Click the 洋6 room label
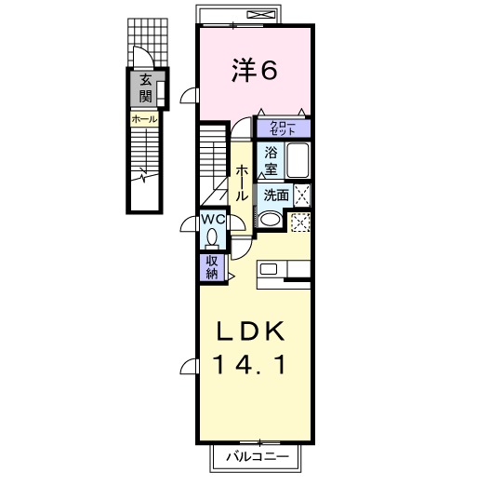pos(253,70)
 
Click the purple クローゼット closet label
pos(283,129)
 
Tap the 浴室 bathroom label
pos(271,160)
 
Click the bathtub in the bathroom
pos(298,161)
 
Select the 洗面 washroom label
pos(274,196)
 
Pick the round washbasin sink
pos(270,220)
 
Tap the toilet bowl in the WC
pos(213,236)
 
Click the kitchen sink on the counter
pos(269,270)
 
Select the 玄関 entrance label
pos(147,89)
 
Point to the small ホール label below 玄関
pos(144,119)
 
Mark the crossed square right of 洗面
pos(301,195)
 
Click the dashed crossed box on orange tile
pos(300,222)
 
